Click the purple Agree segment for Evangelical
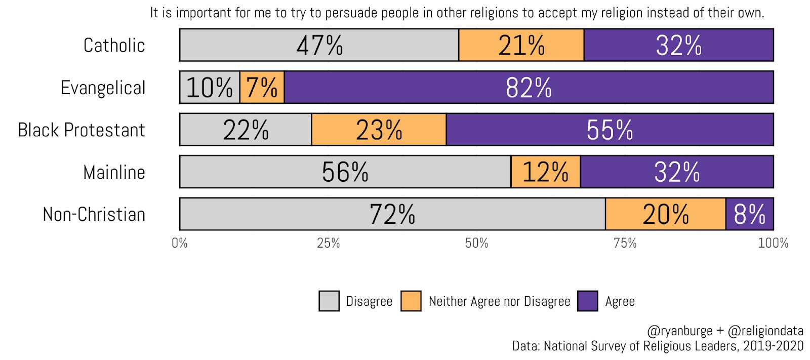(x=529, y=87)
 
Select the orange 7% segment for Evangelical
(x=262, y=87)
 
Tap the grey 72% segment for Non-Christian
(x=392, y=214)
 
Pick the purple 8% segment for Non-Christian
(x=749, y=214)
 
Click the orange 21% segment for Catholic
(x=521, y=45)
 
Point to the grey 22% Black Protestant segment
(x=246, y=130)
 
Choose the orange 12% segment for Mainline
(x=545, y=172)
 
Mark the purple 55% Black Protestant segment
(x=610, y=130)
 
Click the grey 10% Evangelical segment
(x=210, y=87)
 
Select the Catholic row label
(x=114, y=46)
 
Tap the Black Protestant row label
(x=82, y=130)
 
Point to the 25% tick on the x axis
(x=328, y=244)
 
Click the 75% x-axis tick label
(x=625, y=244)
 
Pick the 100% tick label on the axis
(x=773, y=244)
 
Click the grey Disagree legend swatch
(x=329, y=301)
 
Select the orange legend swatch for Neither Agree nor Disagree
(x=411, y=301)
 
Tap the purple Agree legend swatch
(x=587, y=301)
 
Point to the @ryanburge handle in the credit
(x=679, y=331)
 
